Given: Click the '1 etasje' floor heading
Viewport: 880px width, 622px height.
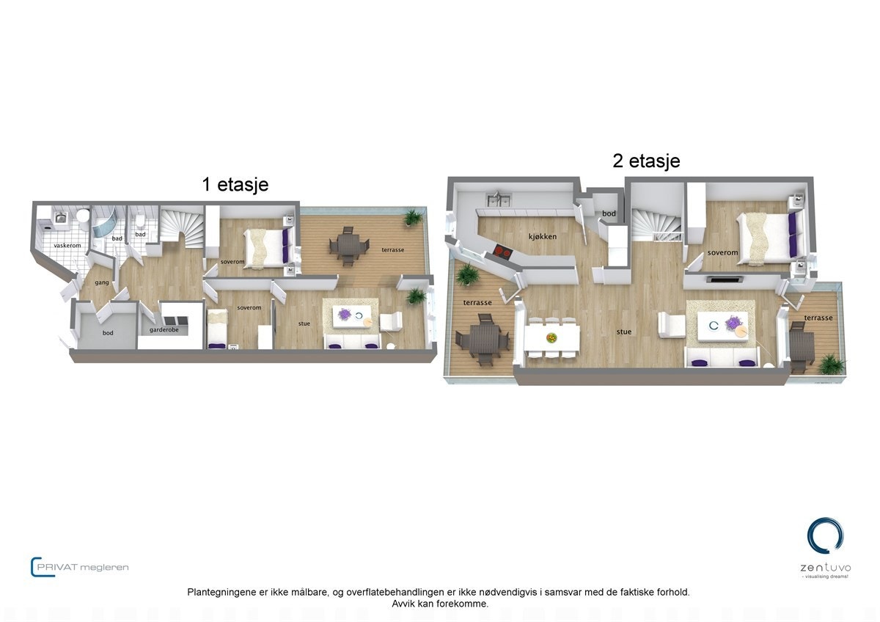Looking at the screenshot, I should [x=235, y=184].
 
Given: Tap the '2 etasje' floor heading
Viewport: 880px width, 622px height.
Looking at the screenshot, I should [x=646, y=161].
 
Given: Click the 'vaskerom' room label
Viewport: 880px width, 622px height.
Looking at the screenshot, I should [x=67, y=245].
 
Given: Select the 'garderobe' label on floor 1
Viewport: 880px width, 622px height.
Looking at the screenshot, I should [x=164, y=330].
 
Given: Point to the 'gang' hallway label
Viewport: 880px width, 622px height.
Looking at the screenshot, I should [x=102, y=282].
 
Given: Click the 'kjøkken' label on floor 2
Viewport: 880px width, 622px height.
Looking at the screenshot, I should [x=542, y=237].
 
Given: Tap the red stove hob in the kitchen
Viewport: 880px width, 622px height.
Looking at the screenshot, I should [x=503, y=251].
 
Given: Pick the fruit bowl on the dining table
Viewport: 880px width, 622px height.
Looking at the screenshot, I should [x=551, y=337].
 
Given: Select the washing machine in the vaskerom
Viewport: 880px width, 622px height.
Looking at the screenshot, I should [x=62, y=218].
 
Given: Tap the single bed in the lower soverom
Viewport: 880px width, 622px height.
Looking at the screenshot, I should [x=217, y=330].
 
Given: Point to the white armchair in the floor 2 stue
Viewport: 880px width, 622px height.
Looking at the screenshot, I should [x=670, y=324].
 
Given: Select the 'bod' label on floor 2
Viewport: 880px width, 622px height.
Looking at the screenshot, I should [x=609, y=213].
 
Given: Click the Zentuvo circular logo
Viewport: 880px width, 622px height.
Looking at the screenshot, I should [x=825, y=535].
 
